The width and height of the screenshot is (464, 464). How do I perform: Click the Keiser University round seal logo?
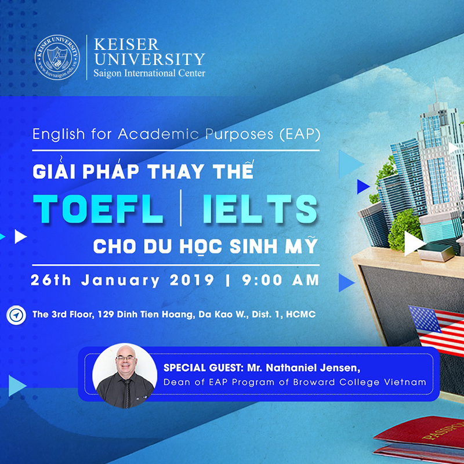pyautogui.click(x=57, y=57)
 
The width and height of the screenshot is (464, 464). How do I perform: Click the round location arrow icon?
pyautogui.click(x=16, y=315)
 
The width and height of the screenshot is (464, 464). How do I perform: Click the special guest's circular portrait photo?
pyautogui.click(x=124, y=375)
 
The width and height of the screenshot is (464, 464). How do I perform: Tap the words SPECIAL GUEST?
pyautogui.click(x=195, y=368)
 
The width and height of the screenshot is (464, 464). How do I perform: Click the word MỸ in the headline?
pyautogui.click(x=304, y=245)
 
